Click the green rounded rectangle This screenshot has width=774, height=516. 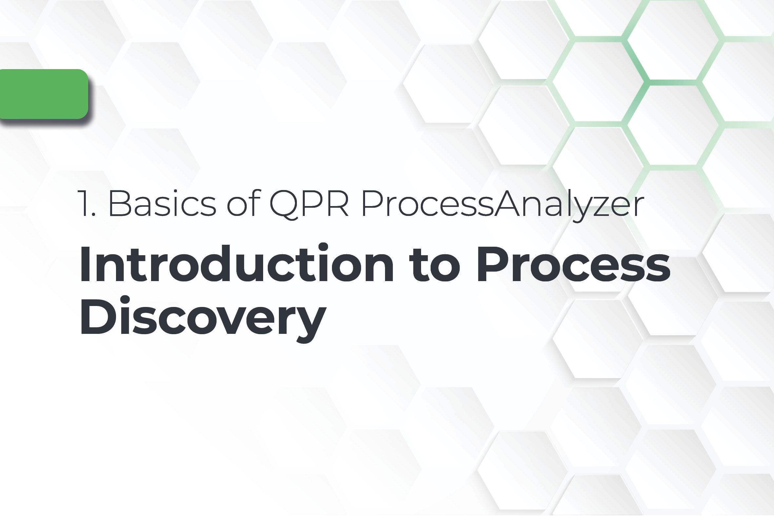[x=43, y=94]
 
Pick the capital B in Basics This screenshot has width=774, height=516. [x=120, y=203]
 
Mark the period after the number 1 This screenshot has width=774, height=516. [x=93, y=214]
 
